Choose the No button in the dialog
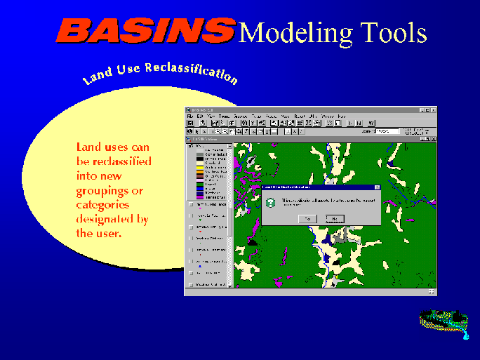pyautogui.click(x=334, y=218)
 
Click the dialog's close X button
pyautogui.click(x=377, y=188)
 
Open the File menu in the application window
pyautogui.click(x=190, y=116)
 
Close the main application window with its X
pyautogui.click(x=432, y=110)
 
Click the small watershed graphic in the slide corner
pyautogui.click(x=444, y=322)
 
